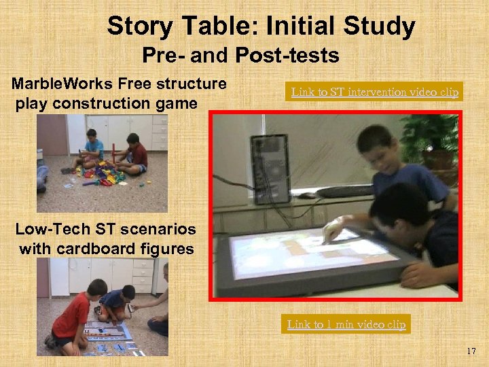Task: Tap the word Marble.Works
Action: (62, 84)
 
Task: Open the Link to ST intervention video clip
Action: (375, 91)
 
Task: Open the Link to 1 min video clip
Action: (346, 324)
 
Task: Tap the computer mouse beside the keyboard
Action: (309, 195)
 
